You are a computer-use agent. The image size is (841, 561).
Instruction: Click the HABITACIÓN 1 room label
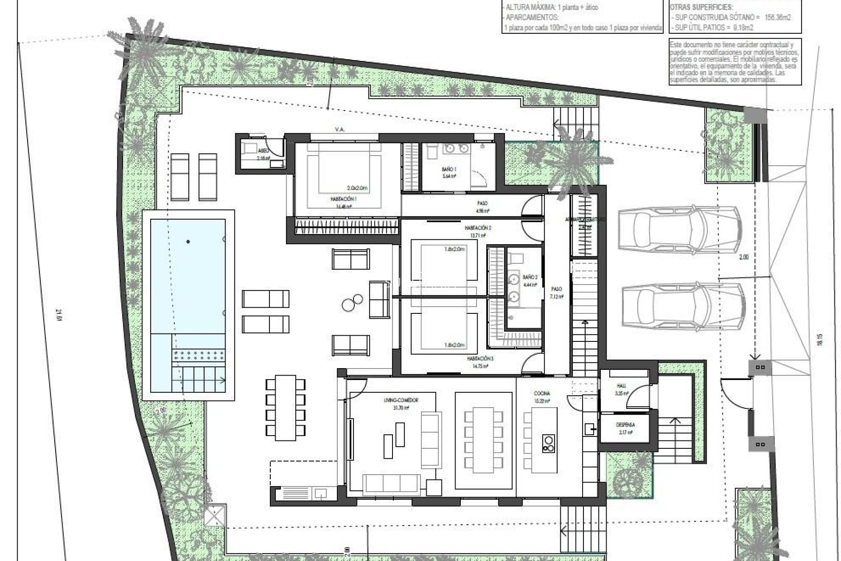[343, 199]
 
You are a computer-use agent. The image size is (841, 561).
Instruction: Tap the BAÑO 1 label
[449, 168]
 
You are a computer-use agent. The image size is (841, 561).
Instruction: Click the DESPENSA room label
[625, 425]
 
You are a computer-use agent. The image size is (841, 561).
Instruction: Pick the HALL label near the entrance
[621, 386]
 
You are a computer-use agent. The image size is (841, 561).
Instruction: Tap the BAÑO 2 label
[530, 277]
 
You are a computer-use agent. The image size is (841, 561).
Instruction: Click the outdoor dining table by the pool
[285, 408]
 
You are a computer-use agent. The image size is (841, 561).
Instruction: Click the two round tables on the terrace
[353, 302]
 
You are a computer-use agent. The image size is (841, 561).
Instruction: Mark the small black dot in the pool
[188, 241]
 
